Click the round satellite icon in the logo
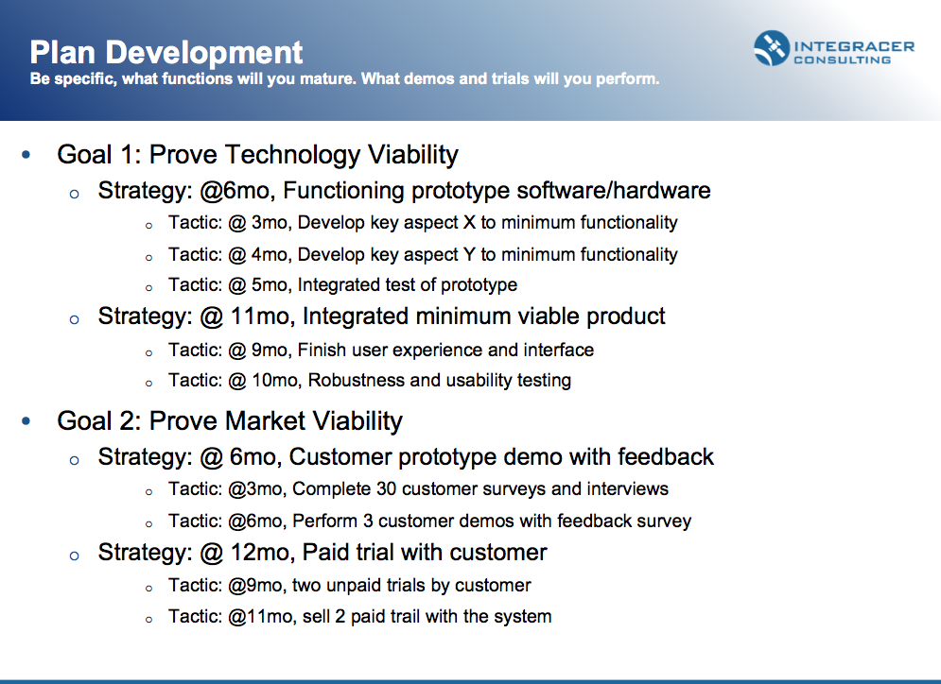tap(772, 48)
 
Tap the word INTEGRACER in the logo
tap(854, 46)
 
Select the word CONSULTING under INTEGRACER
tap(842, 60)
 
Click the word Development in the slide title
tap(204, 53)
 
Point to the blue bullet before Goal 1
tap(26, 155)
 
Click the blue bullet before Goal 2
tap(26, 421)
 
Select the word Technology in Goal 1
tap(293, 155)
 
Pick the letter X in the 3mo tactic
tap(469, 223)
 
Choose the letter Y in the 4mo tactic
tap(469, 255)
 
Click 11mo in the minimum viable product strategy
tap(260, 316)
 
